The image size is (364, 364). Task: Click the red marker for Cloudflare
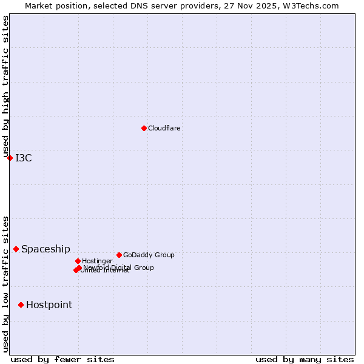[x=144, y=128]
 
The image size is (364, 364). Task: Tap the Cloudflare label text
[x=164, y=128]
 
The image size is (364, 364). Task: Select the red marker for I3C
[x=10, y=158]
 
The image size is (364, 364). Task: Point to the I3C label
[x=24, y=158]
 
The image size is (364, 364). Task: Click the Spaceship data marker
[x=16, y=249]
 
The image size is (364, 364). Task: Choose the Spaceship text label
[x=45, y=249]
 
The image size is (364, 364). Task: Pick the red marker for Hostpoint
[x=21, y=305]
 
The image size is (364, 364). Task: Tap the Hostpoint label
[x=49, y=305]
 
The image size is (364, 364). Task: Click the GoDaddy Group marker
[x=119, y=255]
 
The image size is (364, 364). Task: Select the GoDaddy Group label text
[x=149, y=255]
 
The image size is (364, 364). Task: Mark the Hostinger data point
[x=78, y=261]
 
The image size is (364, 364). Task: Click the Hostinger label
[x=97, y=261]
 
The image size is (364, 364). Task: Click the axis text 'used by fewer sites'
[x=62, y=359]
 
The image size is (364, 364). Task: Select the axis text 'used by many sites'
[x=305, y=359]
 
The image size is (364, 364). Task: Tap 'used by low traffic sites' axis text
[x=5, y=284]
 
